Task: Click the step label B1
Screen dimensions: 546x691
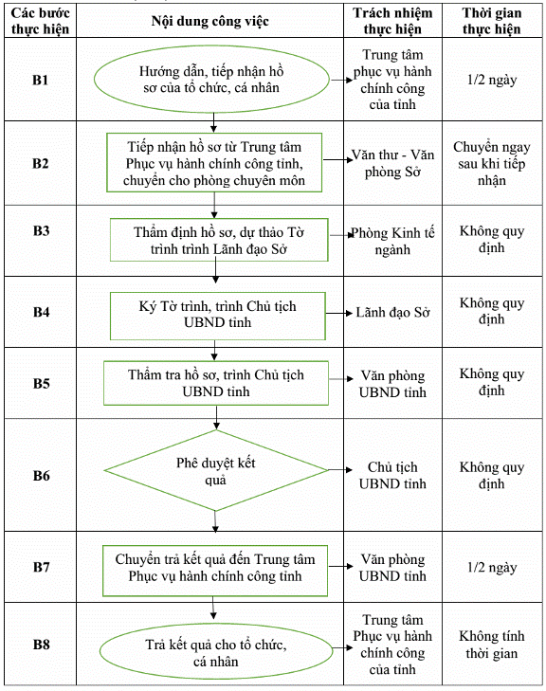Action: click(40, 80)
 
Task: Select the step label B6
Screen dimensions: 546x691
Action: click(41, 476)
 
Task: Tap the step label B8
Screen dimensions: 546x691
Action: click(41, 645)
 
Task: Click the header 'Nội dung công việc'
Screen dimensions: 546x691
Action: click(209, 21)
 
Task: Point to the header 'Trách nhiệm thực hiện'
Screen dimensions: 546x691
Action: click(392, 21)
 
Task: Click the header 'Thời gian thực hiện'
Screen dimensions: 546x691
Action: click(492, 21)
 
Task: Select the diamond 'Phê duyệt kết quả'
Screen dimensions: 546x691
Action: click(216, 470)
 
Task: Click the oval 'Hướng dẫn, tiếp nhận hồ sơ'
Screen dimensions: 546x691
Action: click(211, 80)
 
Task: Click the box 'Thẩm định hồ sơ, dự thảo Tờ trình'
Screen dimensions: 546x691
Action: click(219, 240)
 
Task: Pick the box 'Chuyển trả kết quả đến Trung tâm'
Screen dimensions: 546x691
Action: click(215, 571)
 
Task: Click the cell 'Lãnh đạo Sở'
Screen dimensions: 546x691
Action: click(392, 313)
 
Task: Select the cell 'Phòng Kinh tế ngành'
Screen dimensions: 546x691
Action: click(392, 241)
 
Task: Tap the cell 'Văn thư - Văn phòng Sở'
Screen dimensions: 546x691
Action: click(392, 163)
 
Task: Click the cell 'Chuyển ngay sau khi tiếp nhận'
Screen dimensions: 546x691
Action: click(492, 163)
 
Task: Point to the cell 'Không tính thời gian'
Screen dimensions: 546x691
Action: click(492, 645)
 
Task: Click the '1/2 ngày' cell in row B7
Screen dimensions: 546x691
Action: click(492, 567)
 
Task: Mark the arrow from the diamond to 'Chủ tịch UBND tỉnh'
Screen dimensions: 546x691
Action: click(340, 470)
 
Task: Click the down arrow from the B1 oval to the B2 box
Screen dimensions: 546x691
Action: click(213, 122)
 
